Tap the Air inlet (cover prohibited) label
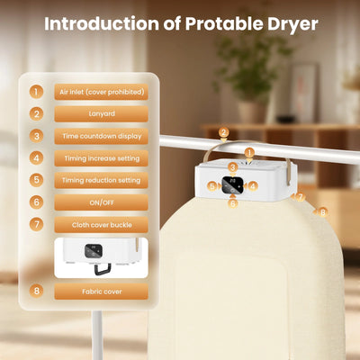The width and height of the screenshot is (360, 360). tap(102, 92)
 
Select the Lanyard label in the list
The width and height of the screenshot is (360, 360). tap(102, 114)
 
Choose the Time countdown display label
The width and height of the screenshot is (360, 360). tap(102, 136)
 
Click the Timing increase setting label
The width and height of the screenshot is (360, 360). tap(102, 158)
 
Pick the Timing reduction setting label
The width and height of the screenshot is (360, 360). tap(102, 180)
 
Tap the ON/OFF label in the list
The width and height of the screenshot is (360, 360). tap(102, 202)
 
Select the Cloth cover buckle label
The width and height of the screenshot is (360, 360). tap(102, 224)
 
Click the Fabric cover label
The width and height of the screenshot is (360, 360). tap(102, 291)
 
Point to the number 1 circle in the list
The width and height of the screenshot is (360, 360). tap(36, 92)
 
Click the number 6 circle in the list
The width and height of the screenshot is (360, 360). tap(36, 202)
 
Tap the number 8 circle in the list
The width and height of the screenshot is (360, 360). tap(36, 291)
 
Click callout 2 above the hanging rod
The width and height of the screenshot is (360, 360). tap(223, 133)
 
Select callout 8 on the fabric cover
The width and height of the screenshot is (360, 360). tap(323, 212)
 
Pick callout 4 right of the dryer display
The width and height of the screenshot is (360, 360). tap(253, 186)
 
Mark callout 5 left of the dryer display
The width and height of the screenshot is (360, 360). tap(211, 186)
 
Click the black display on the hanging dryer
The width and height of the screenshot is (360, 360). tap(232, 186)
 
